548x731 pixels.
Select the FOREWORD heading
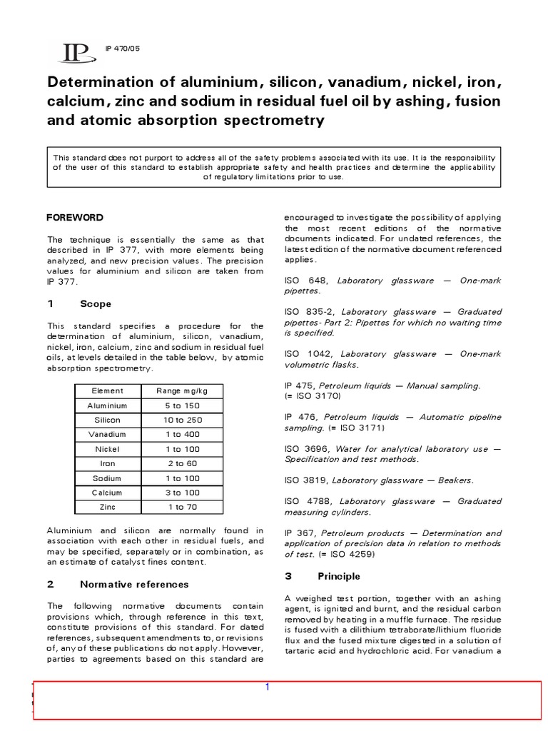click(x=75, y=217)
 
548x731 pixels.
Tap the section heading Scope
click(x=95, y=304)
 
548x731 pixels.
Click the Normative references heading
click(x=134, y=584)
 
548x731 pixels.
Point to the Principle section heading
click(x=338, y=576)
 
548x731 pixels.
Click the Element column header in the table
click(x=107, y=390)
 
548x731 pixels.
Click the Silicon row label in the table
click(x=107, y=420)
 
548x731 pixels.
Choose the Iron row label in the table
click(x=107, y=463)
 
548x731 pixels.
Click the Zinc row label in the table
click(x=107, y=507)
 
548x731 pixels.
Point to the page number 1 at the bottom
click(x=267, y=687)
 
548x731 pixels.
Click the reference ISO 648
click(x=301, y=281)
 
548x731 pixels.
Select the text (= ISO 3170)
click(x=314, y=395)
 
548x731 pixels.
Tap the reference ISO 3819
click(x=304, y=480)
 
